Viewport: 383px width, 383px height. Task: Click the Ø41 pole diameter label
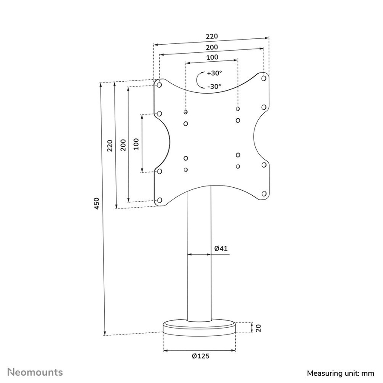220,248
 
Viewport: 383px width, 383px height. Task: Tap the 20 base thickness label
246,328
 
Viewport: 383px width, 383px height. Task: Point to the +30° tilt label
214,73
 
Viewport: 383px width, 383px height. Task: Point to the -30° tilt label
214,86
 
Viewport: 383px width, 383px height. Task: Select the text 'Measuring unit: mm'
340,373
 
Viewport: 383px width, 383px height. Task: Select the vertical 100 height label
136,144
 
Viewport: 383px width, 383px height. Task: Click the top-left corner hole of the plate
159,85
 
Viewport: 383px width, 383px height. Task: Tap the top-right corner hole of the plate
264,78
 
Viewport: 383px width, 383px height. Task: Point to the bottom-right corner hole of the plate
264,194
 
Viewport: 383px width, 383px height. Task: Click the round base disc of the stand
199,329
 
